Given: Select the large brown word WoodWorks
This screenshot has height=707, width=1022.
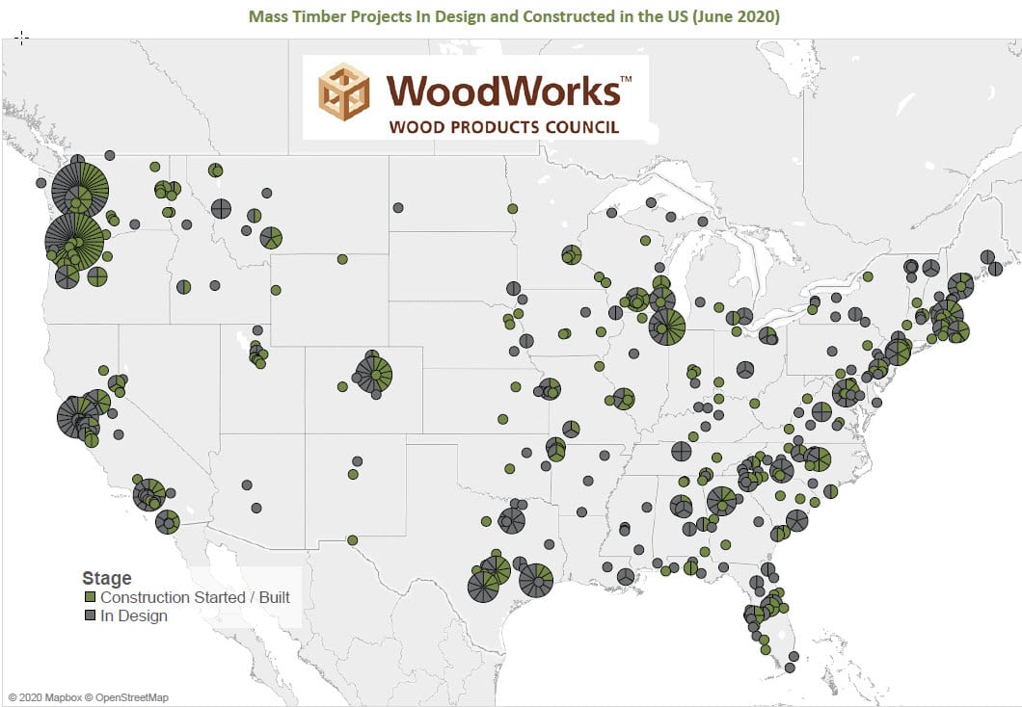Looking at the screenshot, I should click(x=502, y=91).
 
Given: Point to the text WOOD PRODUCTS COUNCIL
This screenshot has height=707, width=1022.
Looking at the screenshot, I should click(x=503, y=127).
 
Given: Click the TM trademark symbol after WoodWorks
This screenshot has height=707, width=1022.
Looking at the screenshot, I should click(x=626, y=77).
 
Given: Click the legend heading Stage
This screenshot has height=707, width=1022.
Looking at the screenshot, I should click(x=106, y=578).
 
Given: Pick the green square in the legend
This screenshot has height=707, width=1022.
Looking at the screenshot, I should click(x=89, y=597).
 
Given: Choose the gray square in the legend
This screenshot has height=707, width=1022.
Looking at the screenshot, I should click(x=89, y=615).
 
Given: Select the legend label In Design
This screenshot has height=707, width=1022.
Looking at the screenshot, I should click(x=134, y=615).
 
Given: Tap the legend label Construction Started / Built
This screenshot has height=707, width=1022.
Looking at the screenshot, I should click(x=195, y=597).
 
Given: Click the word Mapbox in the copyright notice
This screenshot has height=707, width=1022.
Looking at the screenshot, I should click(x=58, y=696).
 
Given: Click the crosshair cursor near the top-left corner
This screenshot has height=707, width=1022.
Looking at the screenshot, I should click(x=22, y=37).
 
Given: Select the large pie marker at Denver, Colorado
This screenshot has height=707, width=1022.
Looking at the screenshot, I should click(x=374, y=374).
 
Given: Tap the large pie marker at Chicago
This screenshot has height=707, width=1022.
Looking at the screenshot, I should click(x=667, y=327).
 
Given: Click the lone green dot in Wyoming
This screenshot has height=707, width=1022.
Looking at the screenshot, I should click(x=342, y=259).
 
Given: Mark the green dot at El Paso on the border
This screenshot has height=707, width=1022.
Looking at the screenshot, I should click(x=353, y=539).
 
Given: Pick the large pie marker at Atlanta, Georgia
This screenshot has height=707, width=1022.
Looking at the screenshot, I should click(x=722, y=500).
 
